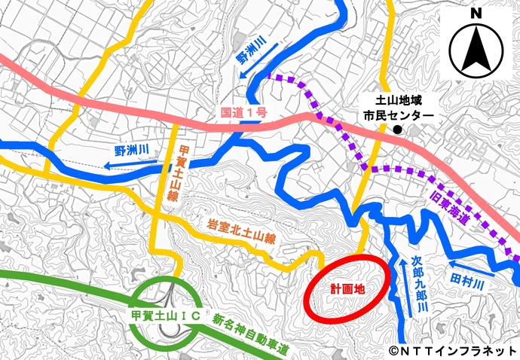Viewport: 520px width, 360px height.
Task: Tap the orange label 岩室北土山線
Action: (243, 230)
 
